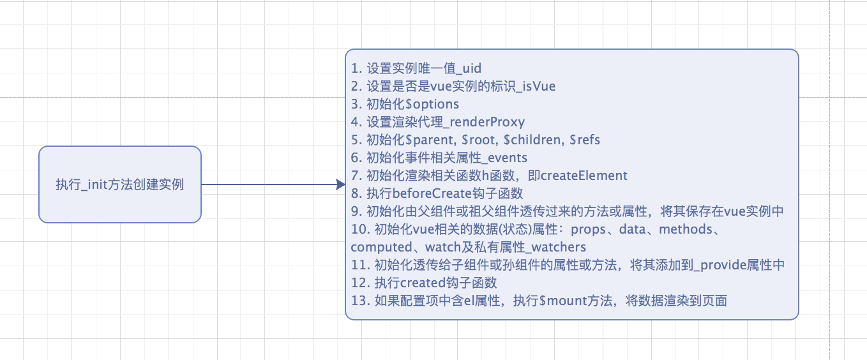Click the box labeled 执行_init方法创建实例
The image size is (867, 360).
tap(120, 184)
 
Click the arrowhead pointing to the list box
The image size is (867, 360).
tap(340, 184)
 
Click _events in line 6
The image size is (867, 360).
tap(502, 158)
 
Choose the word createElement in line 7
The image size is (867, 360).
tap(584, 176)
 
